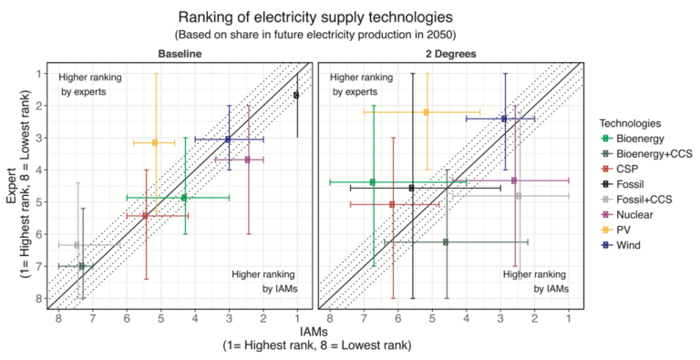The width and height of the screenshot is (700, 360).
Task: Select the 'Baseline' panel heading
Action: pyautogui.click(x=179, y=55)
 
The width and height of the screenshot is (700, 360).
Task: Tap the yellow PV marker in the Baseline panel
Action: pyautogui.click(x=155, y=142)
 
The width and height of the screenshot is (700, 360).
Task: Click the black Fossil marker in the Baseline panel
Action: pyautogui.click(x=296, y=95)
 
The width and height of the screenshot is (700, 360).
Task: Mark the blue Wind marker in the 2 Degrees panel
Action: pyautogui.click(x=504, y=118)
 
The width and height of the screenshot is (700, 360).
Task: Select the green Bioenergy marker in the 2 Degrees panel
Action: pyautogui.click(x=372, y=182)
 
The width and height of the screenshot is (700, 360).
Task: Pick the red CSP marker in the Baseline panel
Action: pyautogui.click(x=145, y=216)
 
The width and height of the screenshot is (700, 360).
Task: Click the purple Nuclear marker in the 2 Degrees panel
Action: pyautogui.click(x=514, y=180)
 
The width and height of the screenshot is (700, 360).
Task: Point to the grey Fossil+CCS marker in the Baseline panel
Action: pyautogui.click(x=77, y=245)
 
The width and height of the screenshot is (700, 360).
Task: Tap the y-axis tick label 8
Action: pyautogui.click(x=39, y=298)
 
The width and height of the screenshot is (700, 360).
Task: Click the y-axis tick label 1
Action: pyautogui.click(x=39, y=74)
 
